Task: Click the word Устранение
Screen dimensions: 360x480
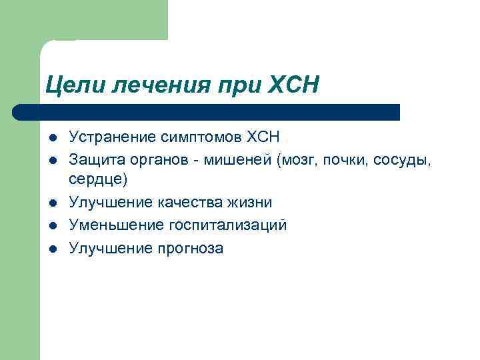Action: click(x=112, y=138)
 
